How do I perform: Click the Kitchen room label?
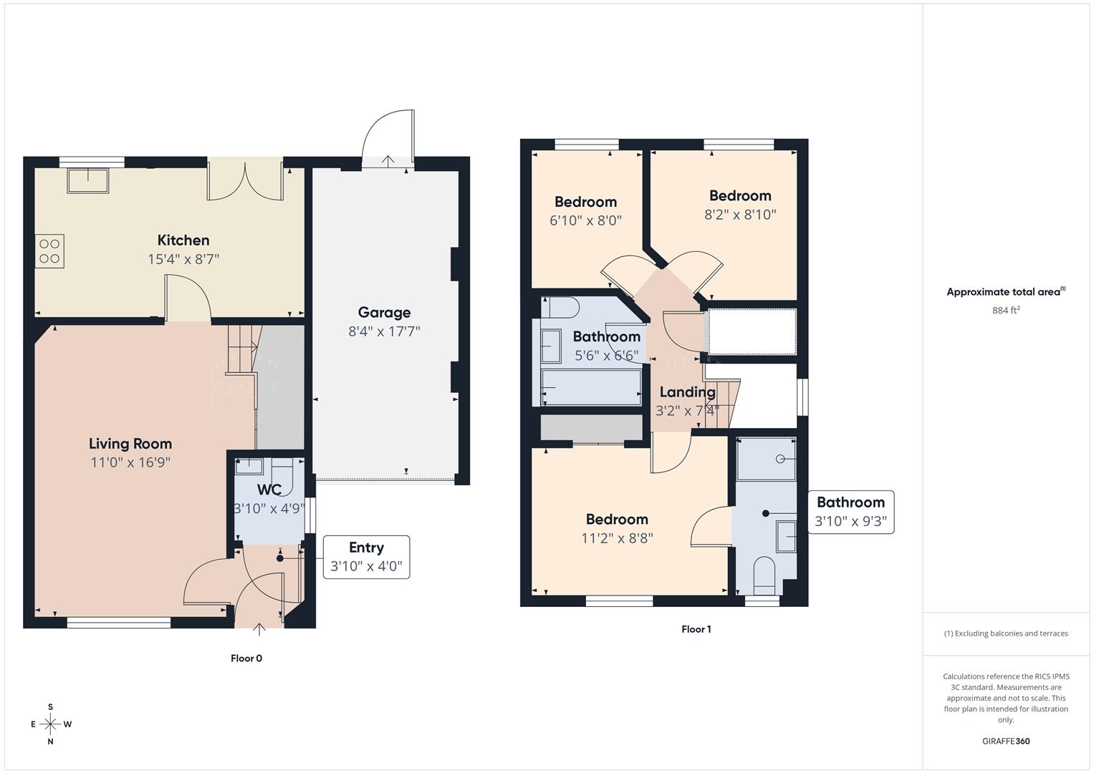click(x=183, y=240)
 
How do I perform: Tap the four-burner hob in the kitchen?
click(x=49, y=251)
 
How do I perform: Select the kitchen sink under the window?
click(x=87, y=180)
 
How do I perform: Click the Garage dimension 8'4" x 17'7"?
click(x=384, y=331)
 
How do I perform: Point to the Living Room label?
click(x=130, y=444)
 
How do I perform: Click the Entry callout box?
click(x=366, y=557)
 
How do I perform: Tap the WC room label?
click(x=269, y=490)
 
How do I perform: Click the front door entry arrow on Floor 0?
click(x=259, y=629)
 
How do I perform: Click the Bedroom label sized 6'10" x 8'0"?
click(x=585, y=202)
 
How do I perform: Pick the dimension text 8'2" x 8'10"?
click(x=740, y=215)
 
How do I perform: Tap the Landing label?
click(x=687, y=392)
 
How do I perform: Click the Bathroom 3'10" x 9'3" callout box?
click(x=850, y=512)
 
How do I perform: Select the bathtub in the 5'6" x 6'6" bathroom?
click(x=591, y=387)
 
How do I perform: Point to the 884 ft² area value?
click(x=1006, y=311)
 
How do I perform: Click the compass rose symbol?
click(x=50, y=724)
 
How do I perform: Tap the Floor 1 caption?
click(x=696, y=630)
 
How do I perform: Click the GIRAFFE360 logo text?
click(x=1006, y=742)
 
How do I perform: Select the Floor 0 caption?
click(x=246, y=658)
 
